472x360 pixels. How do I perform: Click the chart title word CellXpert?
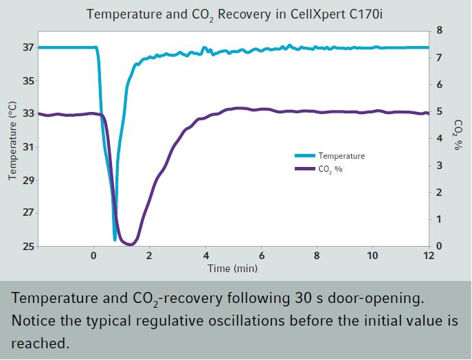tap(303, 14)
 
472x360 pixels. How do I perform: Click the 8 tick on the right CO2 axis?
tap(439, 31)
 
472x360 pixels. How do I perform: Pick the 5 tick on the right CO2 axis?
tap(439, 112)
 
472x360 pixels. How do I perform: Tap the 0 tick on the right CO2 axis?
tap(439, 246)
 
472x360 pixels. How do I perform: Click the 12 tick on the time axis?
tap(428, 256)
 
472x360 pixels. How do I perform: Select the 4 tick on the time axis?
tap(205, 256)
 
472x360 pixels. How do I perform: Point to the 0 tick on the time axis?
tap(94, 256)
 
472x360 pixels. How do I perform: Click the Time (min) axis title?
tap(233, 268)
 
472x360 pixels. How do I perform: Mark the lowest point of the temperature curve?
tap(115, 239)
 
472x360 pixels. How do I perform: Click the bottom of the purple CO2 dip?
tap(128, 244)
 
